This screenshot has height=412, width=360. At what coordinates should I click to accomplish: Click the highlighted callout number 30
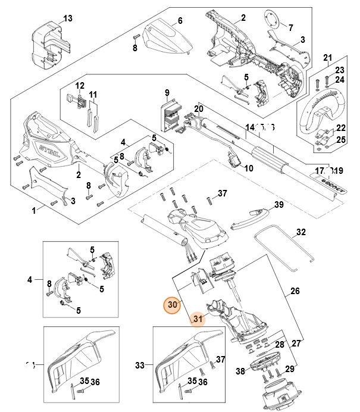click(173, 304)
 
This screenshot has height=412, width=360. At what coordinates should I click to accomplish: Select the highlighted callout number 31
click(198, 320)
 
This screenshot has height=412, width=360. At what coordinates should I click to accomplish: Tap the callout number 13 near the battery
click(68, 18)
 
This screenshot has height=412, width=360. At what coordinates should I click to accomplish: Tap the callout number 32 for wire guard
click(300, 232)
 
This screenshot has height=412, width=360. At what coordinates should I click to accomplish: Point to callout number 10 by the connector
click(248, 168)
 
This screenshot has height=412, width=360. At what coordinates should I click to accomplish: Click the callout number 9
click(167, 92)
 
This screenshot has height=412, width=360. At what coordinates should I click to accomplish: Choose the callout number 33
click(140, 365)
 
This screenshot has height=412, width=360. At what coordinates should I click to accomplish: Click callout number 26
click(295, 292)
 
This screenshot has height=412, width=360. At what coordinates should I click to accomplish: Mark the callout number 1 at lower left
click(35, 210)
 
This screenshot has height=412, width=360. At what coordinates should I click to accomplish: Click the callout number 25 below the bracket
click(340, 139)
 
